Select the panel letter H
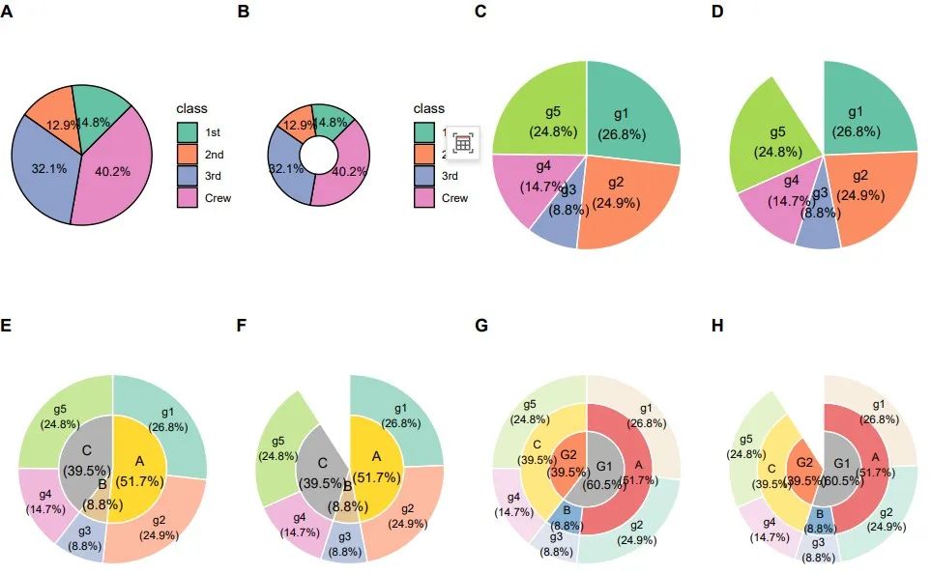point(717,326)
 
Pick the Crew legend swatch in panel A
point(188,198)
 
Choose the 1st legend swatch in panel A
point(188,131)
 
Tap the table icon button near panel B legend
point(462,143)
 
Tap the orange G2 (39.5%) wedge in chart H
point(804,462)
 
